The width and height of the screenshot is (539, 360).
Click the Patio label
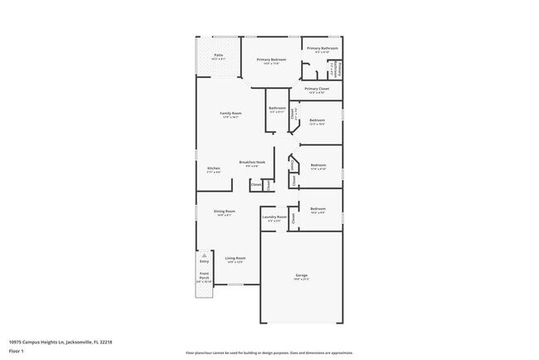pyautogui.click(x=217, y=56)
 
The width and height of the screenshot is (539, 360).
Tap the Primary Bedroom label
pyautogui.click(x=271, y=60)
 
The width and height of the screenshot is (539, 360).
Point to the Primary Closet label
pyautogui.click(x=317, y=89)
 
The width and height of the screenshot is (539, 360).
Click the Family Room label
pyautogui.click(x=231, y=114)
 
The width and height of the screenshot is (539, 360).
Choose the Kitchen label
pyautogui.click(x=213, y=168)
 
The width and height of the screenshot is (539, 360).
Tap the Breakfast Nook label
pyautogui.click(x=252, y=163)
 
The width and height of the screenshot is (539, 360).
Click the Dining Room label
pyautogui.click(x=224, y=212)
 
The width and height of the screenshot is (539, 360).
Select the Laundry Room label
pyautogui.click(x=274, y=217)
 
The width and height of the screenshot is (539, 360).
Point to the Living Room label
pyautogui.click(x=235, y=258)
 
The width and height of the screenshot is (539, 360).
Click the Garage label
pyautogui.click(x=301, y=275)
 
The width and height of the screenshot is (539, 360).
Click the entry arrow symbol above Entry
pyautogui.click(x=204, y=255)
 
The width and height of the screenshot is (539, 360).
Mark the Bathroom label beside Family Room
pyautogui.click(x=277, y=109)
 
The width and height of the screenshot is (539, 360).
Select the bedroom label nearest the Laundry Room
pyautogui.click(x=318, y=209)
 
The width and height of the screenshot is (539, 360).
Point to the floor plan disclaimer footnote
pyautogui.click(x=270, y=353)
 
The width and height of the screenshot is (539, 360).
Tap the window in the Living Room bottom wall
pyautogui.click(x=236, y=285)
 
